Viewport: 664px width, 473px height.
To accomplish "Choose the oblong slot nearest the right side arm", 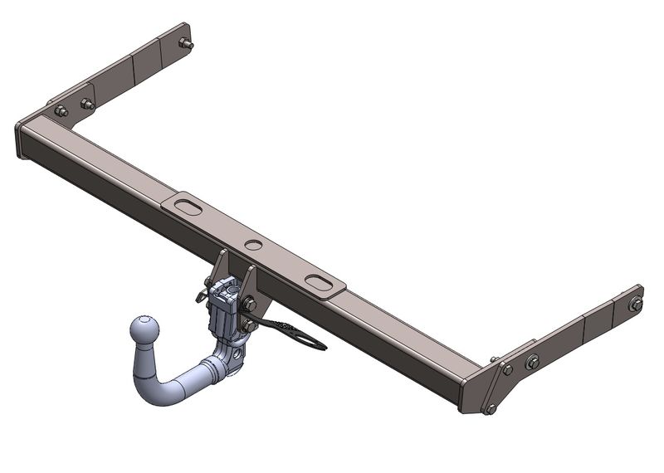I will (x=319, y=282).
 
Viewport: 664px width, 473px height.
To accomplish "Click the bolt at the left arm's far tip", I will (x=186, y=43).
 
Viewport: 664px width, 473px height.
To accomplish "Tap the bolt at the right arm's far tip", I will (x=636, y=304).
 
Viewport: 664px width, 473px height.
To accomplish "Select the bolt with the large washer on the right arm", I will (x=532, y=361).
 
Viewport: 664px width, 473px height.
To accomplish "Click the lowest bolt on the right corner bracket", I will (x=491, y=407).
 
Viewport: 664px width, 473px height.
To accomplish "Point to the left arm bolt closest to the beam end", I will (x=61, y=110).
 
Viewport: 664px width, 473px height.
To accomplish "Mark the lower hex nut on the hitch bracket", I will (x=247, y=305).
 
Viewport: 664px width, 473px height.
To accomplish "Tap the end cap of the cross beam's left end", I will (x=22, y=139).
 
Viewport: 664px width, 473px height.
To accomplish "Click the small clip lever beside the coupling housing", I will (x=202, y=294).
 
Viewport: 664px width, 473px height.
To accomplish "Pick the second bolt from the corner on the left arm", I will (x=86, y=104).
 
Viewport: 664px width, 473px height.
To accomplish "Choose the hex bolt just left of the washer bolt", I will (x=507, y=369).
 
